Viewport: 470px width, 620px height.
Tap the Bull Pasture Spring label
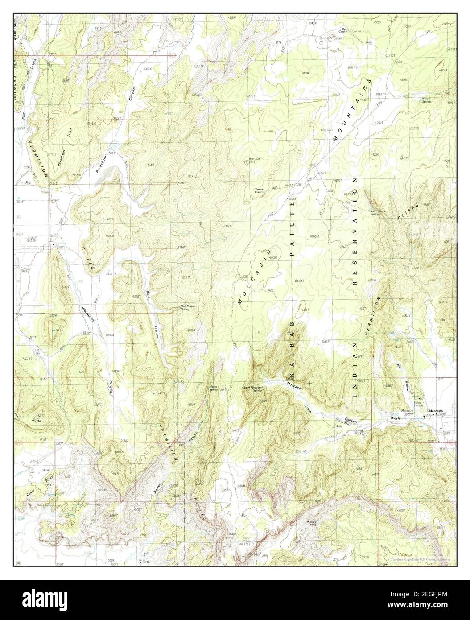coord(188,308)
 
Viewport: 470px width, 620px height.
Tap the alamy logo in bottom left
coord(35,598)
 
